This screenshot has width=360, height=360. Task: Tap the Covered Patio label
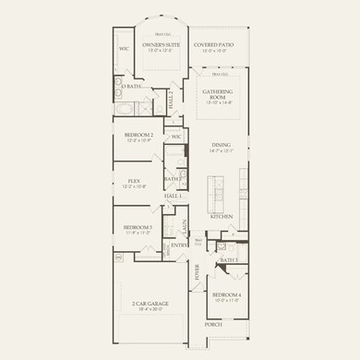pos(214,45)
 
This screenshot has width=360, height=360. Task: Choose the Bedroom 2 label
pos(139,136)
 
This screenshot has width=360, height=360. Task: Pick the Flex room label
pos(137,182)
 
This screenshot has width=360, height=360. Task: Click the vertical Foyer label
pos(197,272)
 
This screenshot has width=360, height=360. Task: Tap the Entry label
pos(178,246)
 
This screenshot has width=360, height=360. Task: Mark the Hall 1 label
pos(173,197)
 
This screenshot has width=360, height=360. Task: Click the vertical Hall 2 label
pos(177,97)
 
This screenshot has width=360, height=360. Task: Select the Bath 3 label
pos(228,261)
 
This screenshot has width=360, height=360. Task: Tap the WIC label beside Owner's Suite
pos(124,49)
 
